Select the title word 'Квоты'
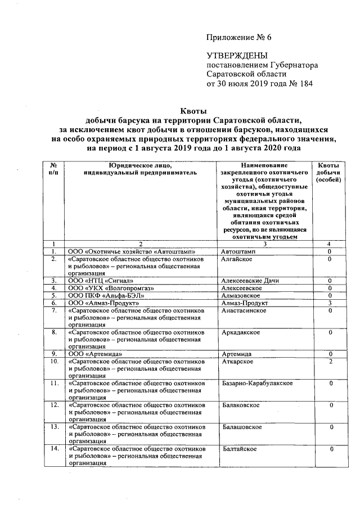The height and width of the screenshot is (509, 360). (193, 111)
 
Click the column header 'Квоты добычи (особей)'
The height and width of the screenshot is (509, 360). (328, 173)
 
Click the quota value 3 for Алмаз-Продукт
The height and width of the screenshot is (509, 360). (331, 303)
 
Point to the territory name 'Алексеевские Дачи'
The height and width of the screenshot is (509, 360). (250, 280)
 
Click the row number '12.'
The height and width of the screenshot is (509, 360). (54, 405)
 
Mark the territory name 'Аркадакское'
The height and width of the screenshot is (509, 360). (241, 332)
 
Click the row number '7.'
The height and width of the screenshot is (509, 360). (54, 310)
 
